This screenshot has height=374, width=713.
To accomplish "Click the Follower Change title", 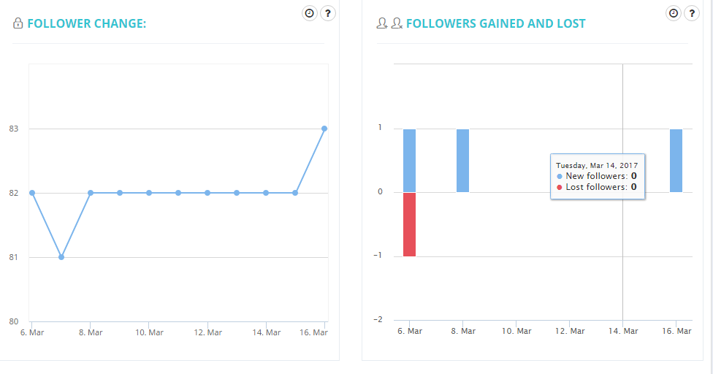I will click(86, 23).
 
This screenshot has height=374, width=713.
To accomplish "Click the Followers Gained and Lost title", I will click(495, 23).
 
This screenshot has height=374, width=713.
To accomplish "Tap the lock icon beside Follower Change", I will click(18, 23).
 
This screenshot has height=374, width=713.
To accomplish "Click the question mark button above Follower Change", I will click(328, 13).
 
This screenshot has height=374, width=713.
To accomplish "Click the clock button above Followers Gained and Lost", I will click(674, 13).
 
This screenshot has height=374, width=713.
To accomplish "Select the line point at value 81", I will click(61, 257).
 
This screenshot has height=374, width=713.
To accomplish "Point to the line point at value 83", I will click(324, 129).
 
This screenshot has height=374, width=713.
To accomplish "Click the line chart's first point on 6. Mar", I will click(32, 193).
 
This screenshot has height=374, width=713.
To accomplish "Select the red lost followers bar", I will click(409, 224).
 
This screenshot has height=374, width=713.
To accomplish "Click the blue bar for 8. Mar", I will click(462, 161).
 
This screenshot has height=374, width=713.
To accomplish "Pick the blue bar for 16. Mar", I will click(676, 161).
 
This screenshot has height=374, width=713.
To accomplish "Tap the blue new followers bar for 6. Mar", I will click(409, 161).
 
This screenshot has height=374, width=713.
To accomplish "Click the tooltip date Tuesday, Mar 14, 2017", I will click(597, 165).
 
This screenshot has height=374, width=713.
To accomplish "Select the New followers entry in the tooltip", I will click(597, 176).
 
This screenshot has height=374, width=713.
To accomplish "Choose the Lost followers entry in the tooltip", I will click(597, 187).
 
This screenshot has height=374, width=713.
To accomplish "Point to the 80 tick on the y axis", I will click(13, 321).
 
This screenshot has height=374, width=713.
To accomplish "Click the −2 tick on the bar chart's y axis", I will click(378, 320).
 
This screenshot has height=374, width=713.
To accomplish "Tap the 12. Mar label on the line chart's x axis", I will click(208, 332).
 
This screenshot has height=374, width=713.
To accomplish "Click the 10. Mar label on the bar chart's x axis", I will click(516, 331).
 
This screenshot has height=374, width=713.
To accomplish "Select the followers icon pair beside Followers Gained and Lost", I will click(389, 23).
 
